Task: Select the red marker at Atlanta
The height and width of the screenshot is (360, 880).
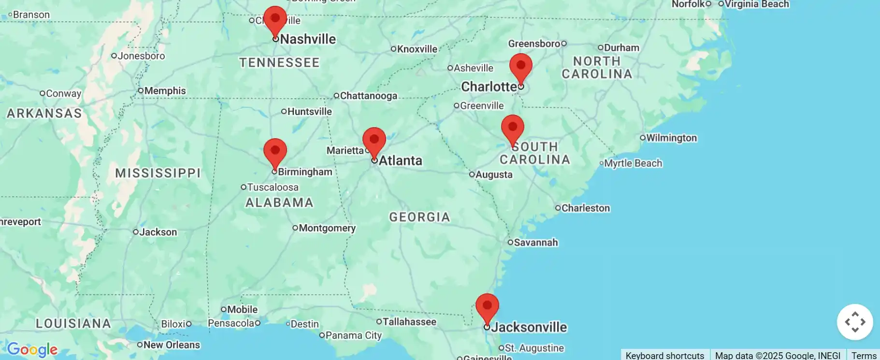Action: point(374,141)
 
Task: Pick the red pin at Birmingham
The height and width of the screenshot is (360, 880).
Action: point(275,152)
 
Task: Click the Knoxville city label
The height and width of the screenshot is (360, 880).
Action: point(417,49)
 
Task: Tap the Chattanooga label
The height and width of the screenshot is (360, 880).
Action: point(368,96)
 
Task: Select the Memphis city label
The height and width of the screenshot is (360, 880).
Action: point(165,91)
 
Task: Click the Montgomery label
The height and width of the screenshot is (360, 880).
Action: point(327,228)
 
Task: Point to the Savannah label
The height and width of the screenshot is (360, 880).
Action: point(535,243)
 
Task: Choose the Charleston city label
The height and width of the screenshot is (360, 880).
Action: point(585,208)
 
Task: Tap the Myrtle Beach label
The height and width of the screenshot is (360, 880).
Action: point(633,163)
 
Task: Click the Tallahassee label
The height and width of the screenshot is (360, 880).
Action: point(409,322)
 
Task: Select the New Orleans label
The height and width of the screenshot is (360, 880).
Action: point(171,345)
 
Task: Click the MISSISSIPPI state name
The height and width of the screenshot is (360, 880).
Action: point(158,173)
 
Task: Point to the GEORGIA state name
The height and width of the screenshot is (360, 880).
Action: point(419,217)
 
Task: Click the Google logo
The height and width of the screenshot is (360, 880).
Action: point(32,349)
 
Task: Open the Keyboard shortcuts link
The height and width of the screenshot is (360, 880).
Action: point(664,355)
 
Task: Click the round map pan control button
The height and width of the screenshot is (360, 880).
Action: point(854,322)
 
